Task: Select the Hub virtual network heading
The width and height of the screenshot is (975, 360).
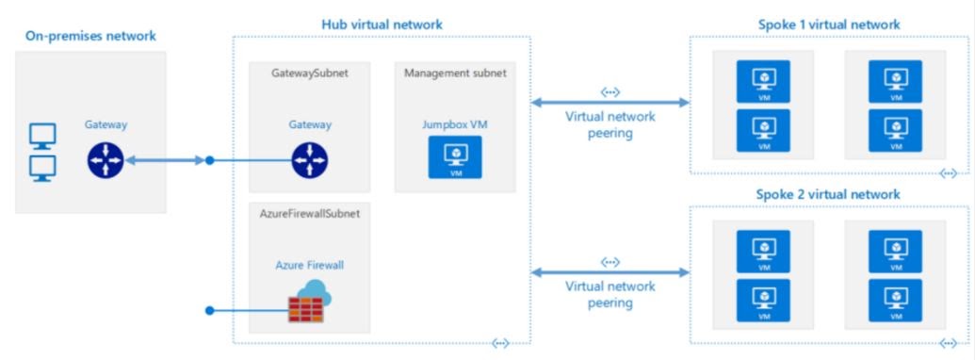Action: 382,23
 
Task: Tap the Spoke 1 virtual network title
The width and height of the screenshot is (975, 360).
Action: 828,24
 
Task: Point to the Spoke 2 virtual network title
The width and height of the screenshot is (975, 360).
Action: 828,194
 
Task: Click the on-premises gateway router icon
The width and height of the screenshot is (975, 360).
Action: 105,161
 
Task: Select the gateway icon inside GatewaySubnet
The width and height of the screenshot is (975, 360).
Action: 310,161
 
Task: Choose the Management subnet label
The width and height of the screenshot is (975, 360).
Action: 454,73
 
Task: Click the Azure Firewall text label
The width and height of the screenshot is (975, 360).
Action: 310,266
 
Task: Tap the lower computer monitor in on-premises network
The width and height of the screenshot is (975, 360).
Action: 44,168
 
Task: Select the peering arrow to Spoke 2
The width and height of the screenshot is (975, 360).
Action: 609,272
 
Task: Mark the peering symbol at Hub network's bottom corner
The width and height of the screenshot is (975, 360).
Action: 501,343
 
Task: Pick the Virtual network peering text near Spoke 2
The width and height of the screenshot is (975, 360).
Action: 609,296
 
